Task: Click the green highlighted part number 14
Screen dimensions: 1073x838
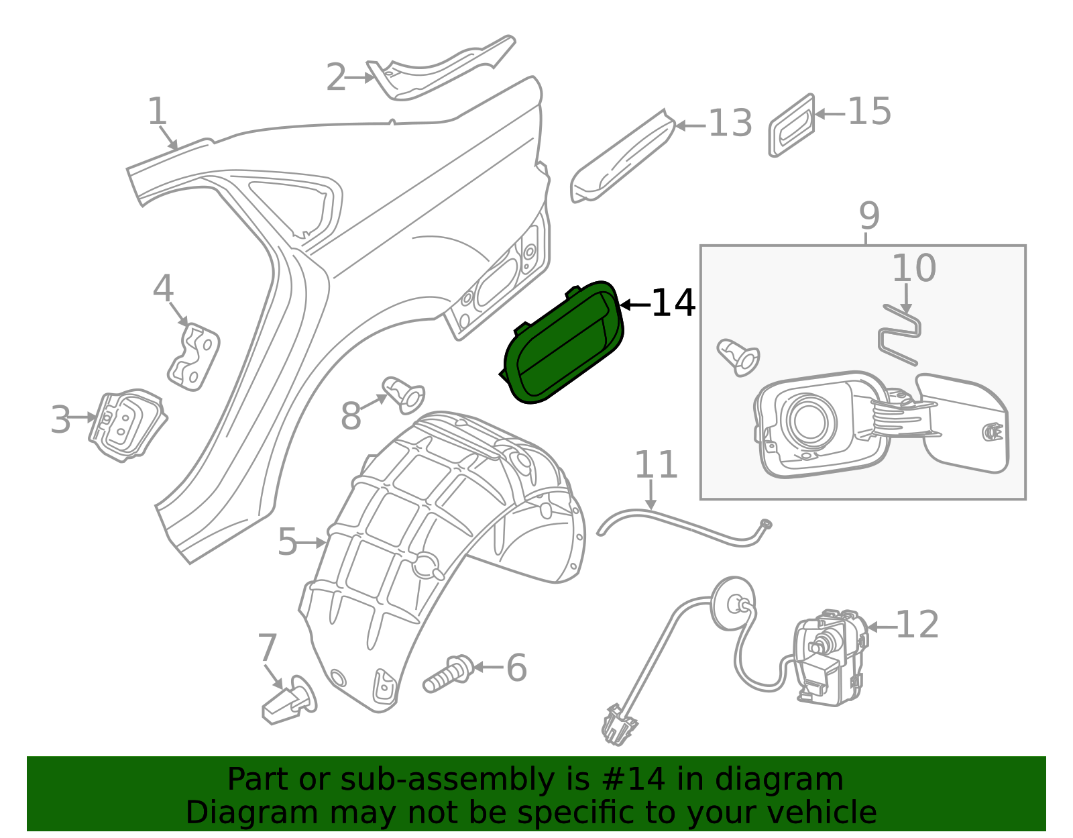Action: tap(563, 344)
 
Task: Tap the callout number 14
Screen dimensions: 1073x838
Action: tap(673, 303)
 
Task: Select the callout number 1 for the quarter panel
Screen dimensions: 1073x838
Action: tap(158, 111)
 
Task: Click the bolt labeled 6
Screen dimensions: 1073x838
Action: tap(449, 674)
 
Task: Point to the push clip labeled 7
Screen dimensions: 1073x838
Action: tap(290, 700)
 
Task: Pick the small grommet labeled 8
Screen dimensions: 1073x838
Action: tap(404, 395)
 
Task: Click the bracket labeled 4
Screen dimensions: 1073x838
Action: tap(194, 356)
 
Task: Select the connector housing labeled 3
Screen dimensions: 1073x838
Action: tap(127, 425)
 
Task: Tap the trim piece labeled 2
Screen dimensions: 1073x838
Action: tap(439, 69)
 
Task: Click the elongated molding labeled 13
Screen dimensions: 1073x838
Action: tap(623, 156)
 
